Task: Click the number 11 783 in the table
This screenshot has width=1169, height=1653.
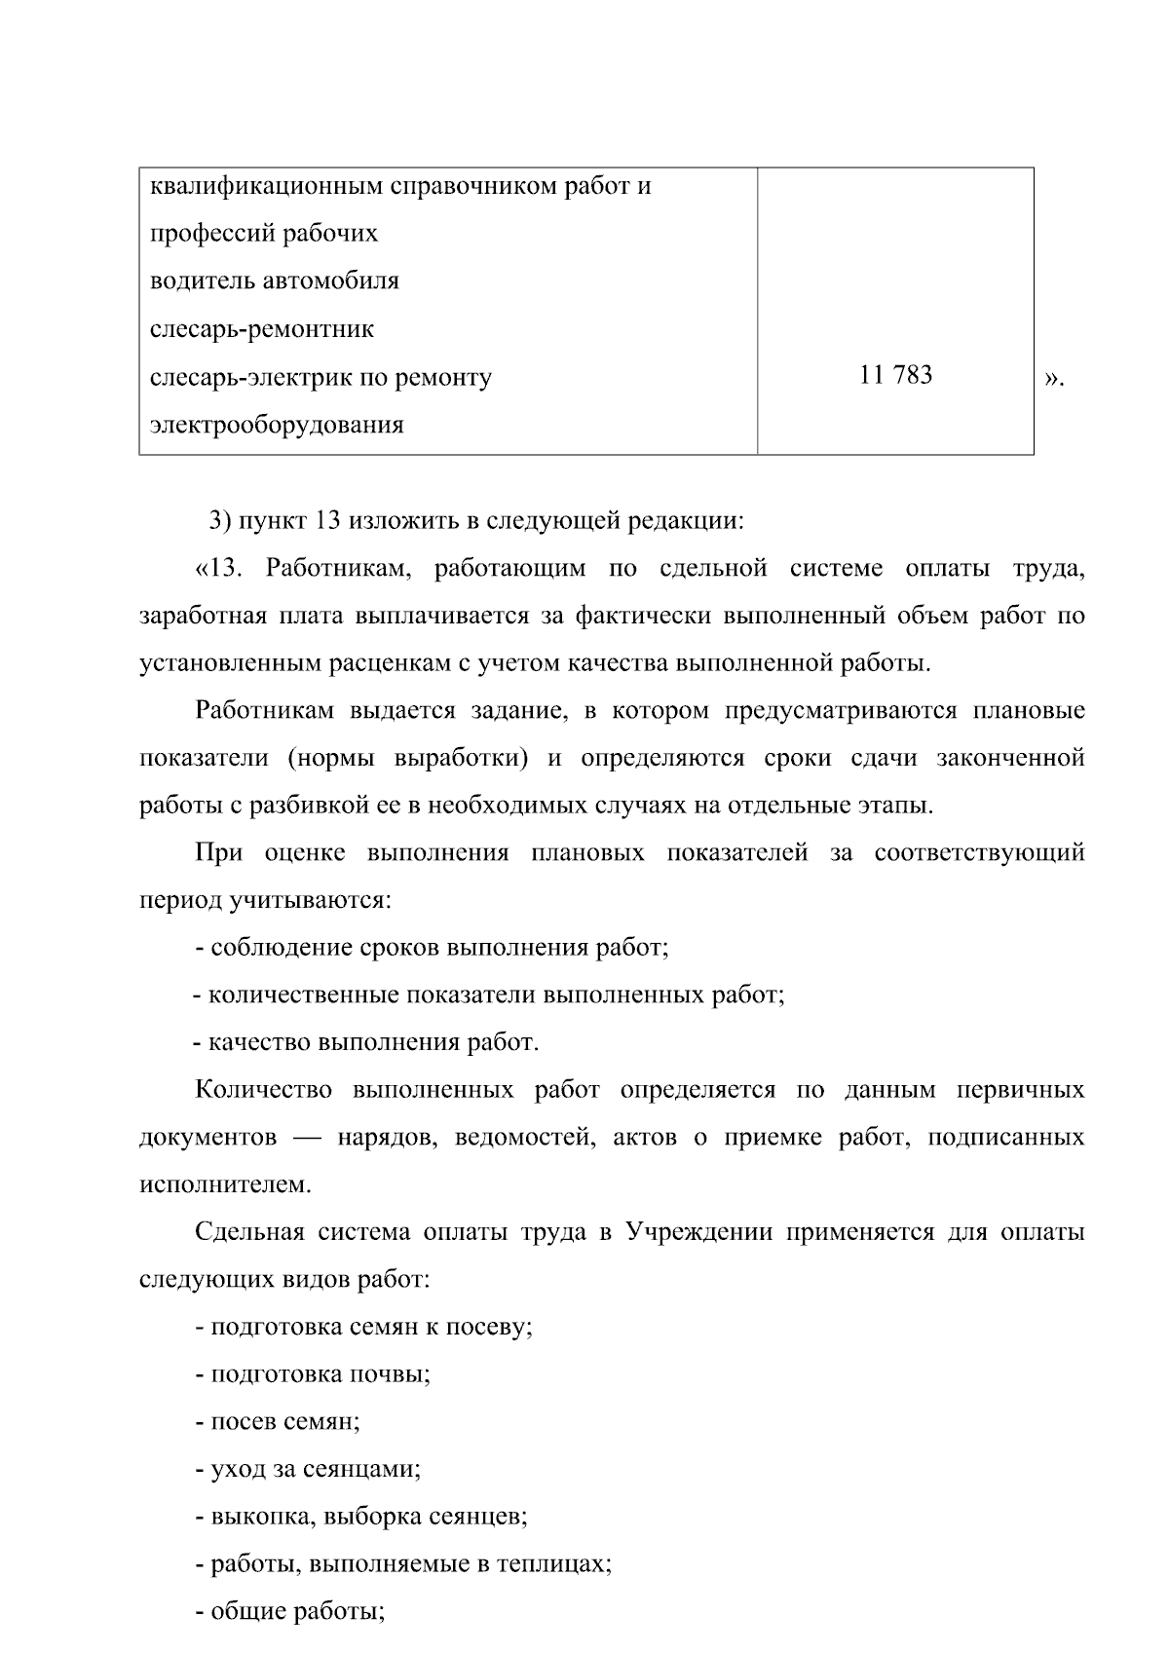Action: click(895, 375)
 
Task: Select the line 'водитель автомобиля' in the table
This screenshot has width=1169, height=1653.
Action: click(274, 282)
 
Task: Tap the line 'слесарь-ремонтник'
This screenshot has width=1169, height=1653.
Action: click(261, 329)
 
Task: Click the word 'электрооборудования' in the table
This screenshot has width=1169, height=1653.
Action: click(277, 425)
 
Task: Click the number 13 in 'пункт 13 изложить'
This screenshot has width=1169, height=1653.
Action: click(326, 520)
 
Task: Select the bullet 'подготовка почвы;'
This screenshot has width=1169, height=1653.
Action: click(313, 1374)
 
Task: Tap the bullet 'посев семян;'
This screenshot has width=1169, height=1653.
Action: click(278, 1422)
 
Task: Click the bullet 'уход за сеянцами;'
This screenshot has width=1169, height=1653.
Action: click(308, 1469)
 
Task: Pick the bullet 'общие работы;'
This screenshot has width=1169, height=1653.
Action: click(290, 1612)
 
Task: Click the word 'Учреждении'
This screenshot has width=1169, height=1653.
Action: click(698, 1232)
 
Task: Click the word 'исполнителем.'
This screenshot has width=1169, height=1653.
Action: click(226, 1185)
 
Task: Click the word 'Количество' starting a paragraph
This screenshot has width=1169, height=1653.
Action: click(263, 1090)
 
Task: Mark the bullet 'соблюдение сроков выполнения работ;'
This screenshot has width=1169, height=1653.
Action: click(433, 948)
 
